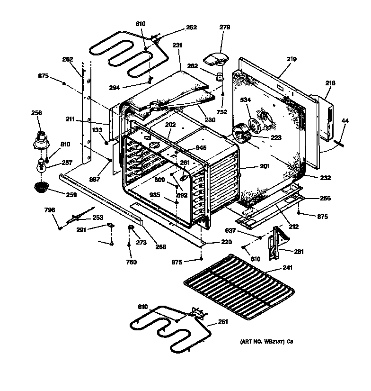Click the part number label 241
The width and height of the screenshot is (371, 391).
tap(288, 268)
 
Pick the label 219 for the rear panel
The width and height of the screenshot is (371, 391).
tap(291, 59)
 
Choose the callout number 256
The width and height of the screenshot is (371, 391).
tap(36, 113)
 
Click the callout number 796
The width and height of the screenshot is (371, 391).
tap(49, 210)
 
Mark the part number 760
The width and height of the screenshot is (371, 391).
tap(131, 262)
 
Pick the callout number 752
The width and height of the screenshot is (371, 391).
tap(221, 112)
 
